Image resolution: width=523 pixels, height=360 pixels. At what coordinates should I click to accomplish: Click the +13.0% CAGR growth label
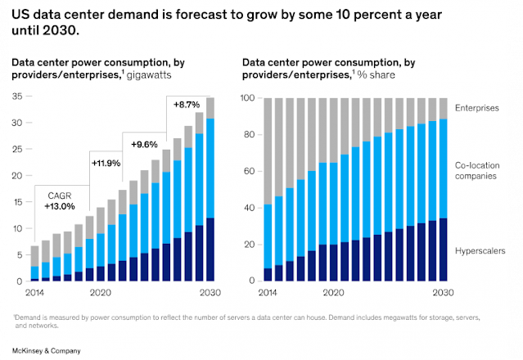pos(58,207)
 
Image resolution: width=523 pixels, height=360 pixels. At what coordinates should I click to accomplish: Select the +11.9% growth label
pos(106,163)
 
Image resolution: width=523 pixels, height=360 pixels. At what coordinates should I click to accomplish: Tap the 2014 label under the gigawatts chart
pos(35,292)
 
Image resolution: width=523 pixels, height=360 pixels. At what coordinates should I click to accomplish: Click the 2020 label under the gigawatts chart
pos(100,292)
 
